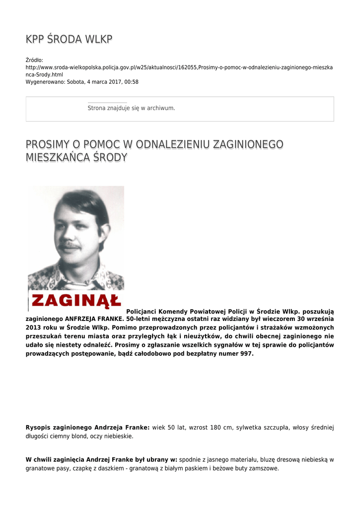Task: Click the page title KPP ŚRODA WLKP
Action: (69, 40)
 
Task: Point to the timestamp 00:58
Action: (132, 82)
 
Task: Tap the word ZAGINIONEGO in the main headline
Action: (248, 144)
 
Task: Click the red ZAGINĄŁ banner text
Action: (76, 300)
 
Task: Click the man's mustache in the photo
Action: (70, 246)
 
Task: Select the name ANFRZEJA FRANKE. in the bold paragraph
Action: (94, 318)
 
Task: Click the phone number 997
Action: (247, 354)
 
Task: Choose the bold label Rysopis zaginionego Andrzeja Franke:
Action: (87, 427)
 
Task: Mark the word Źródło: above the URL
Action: (34, 60)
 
